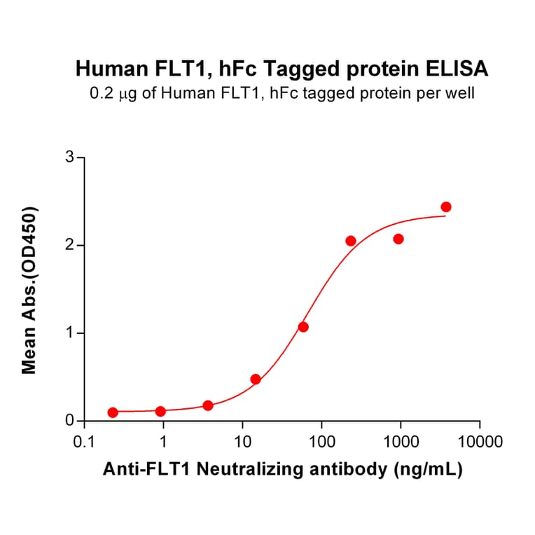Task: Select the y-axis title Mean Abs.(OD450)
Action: tap(29, 290)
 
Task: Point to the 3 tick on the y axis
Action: tap(69, 158)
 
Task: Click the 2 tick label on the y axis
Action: tap(69, 245)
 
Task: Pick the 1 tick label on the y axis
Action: tap(69, 333)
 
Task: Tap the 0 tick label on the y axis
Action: tap(69, 421)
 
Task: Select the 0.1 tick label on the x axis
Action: tap(84, 443)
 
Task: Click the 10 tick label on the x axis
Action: tap(242, 443)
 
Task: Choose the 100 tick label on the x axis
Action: tap(321, 443)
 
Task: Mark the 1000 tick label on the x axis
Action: tap(401, 443)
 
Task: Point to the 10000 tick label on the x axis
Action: tap(480, 443)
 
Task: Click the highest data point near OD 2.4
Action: tap(446, 207)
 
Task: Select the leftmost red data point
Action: tap(113, 412)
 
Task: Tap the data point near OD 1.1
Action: tap(303, 327)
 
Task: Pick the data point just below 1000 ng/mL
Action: tap(398, 239)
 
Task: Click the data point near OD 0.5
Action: tap(256, 379)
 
